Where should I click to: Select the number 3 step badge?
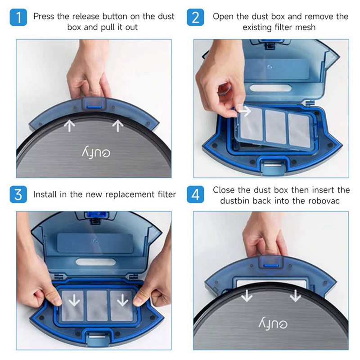tap(18, 195)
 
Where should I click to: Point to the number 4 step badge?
tap(195, 195)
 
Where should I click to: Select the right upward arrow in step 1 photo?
tap(118, 126)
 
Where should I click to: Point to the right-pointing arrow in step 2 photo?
tap(244, 109)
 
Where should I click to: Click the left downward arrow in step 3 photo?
tap(71, 300)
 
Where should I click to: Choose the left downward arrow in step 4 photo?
tap(246, 296)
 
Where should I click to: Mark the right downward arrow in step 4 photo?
tap(295, 296)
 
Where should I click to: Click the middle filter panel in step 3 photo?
tap(95, 301)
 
